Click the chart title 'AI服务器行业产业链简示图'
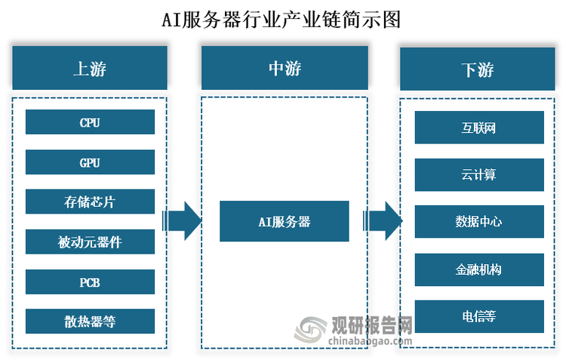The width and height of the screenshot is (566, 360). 282,19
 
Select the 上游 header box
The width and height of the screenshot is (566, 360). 90,68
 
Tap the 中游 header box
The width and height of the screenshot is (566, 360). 284,68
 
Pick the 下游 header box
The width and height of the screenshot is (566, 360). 478,70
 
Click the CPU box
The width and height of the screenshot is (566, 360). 90,122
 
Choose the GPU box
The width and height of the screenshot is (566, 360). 90,162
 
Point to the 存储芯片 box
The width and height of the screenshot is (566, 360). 90,202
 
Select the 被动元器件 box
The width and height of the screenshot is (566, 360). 90,242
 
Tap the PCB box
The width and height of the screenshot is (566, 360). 90,282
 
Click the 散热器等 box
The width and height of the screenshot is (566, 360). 90,322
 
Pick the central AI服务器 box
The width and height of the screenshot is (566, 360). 284,221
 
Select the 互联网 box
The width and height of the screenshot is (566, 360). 479,128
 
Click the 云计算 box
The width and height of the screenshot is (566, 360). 479,174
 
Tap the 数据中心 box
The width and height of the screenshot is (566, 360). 479,222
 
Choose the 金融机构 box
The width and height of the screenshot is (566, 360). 479,269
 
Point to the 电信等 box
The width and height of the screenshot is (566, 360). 479,316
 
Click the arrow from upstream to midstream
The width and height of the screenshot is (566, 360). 182,221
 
